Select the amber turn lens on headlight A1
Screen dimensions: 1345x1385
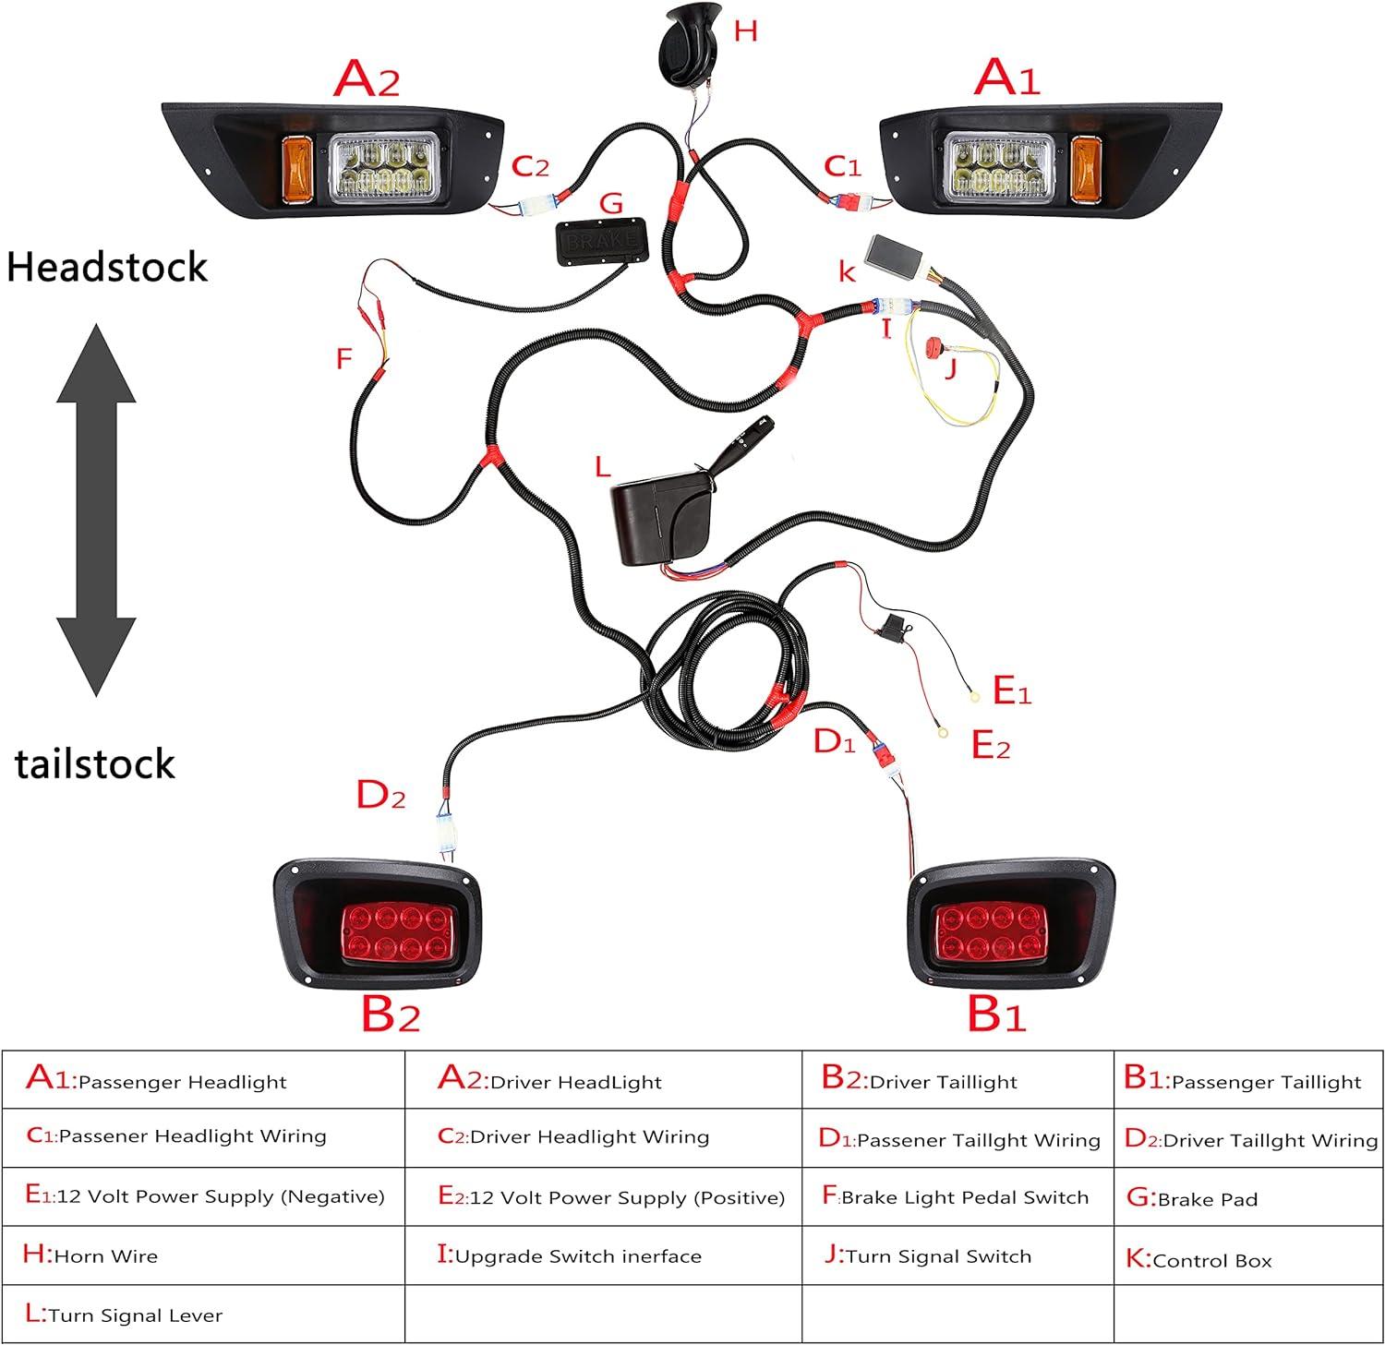point(1082,168)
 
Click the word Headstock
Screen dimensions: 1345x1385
point(107,268)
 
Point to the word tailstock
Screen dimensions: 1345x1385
point(94,764)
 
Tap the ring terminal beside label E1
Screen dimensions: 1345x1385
point(972,698)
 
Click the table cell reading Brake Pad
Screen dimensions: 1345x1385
point(1247,1198)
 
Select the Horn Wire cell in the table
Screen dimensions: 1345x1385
point(203,1255)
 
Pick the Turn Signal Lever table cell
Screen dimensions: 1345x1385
point(203,1315)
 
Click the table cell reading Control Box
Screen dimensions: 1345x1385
point(1247,1259)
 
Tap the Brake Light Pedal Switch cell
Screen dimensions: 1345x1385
point(957,1197)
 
